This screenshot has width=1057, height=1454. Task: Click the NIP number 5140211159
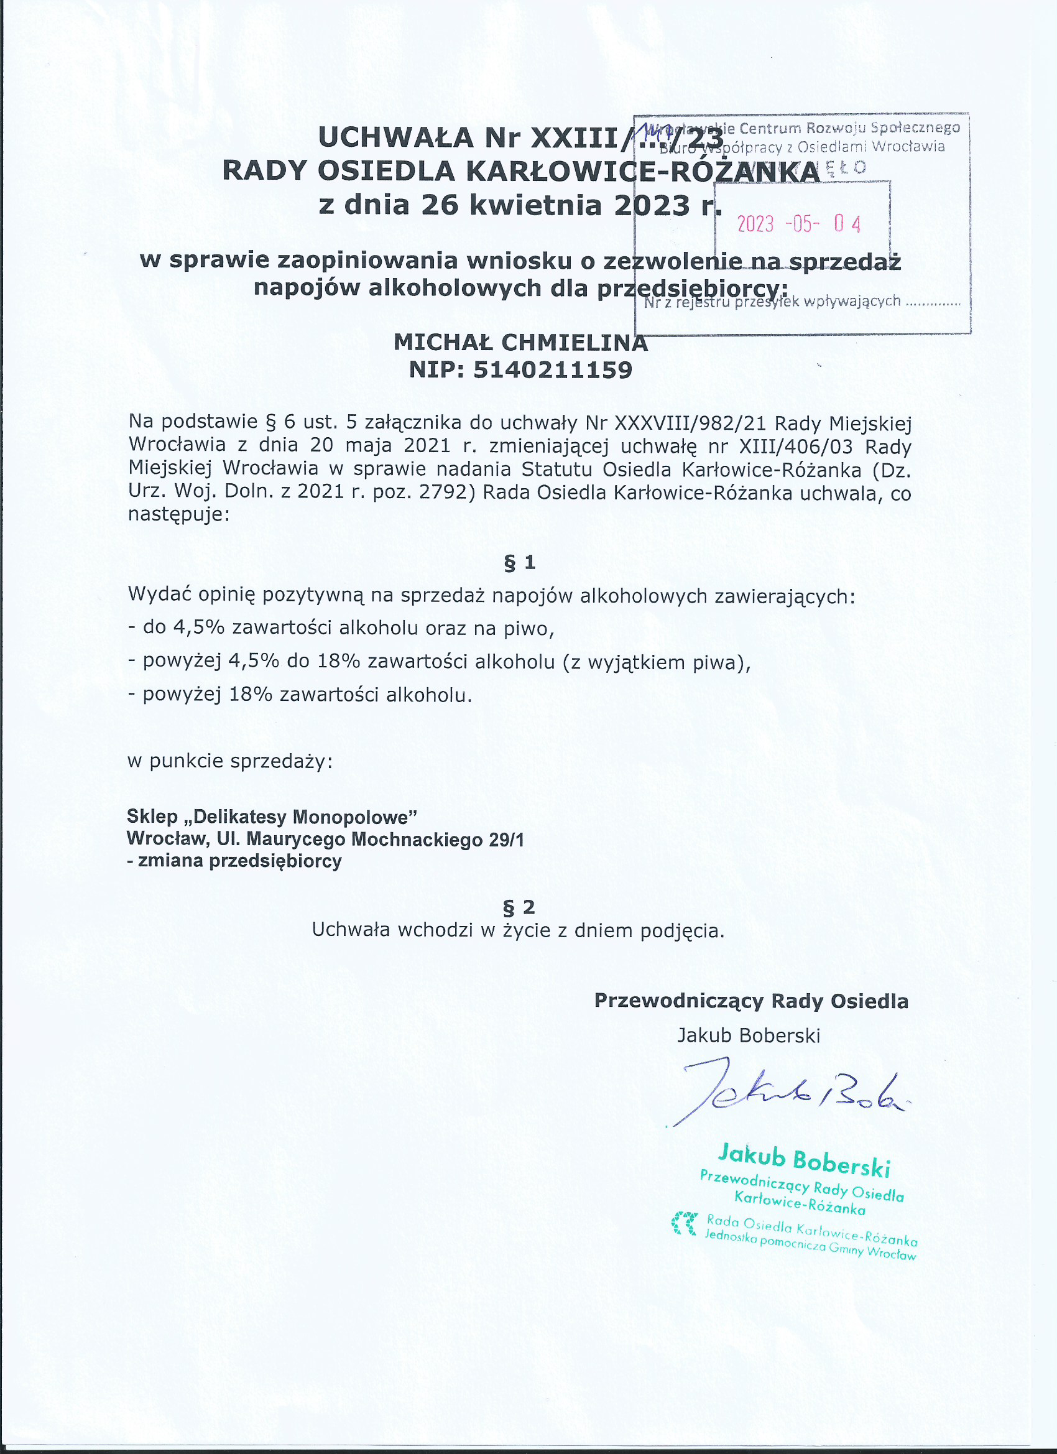553,371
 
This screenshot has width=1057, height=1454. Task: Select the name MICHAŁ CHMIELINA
520,343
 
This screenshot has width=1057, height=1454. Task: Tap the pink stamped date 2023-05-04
798,224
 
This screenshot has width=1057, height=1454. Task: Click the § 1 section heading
520,562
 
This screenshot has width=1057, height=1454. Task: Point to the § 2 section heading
519,907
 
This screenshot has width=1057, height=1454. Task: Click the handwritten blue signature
788,1098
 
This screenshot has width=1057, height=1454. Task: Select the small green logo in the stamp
684,1223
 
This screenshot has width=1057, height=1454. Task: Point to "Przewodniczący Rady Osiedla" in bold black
750,1001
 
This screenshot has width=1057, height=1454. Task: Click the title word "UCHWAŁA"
395,137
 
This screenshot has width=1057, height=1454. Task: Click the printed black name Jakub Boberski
749,1035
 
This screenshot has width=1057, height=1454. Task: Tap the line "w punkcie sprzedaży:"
230,761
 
